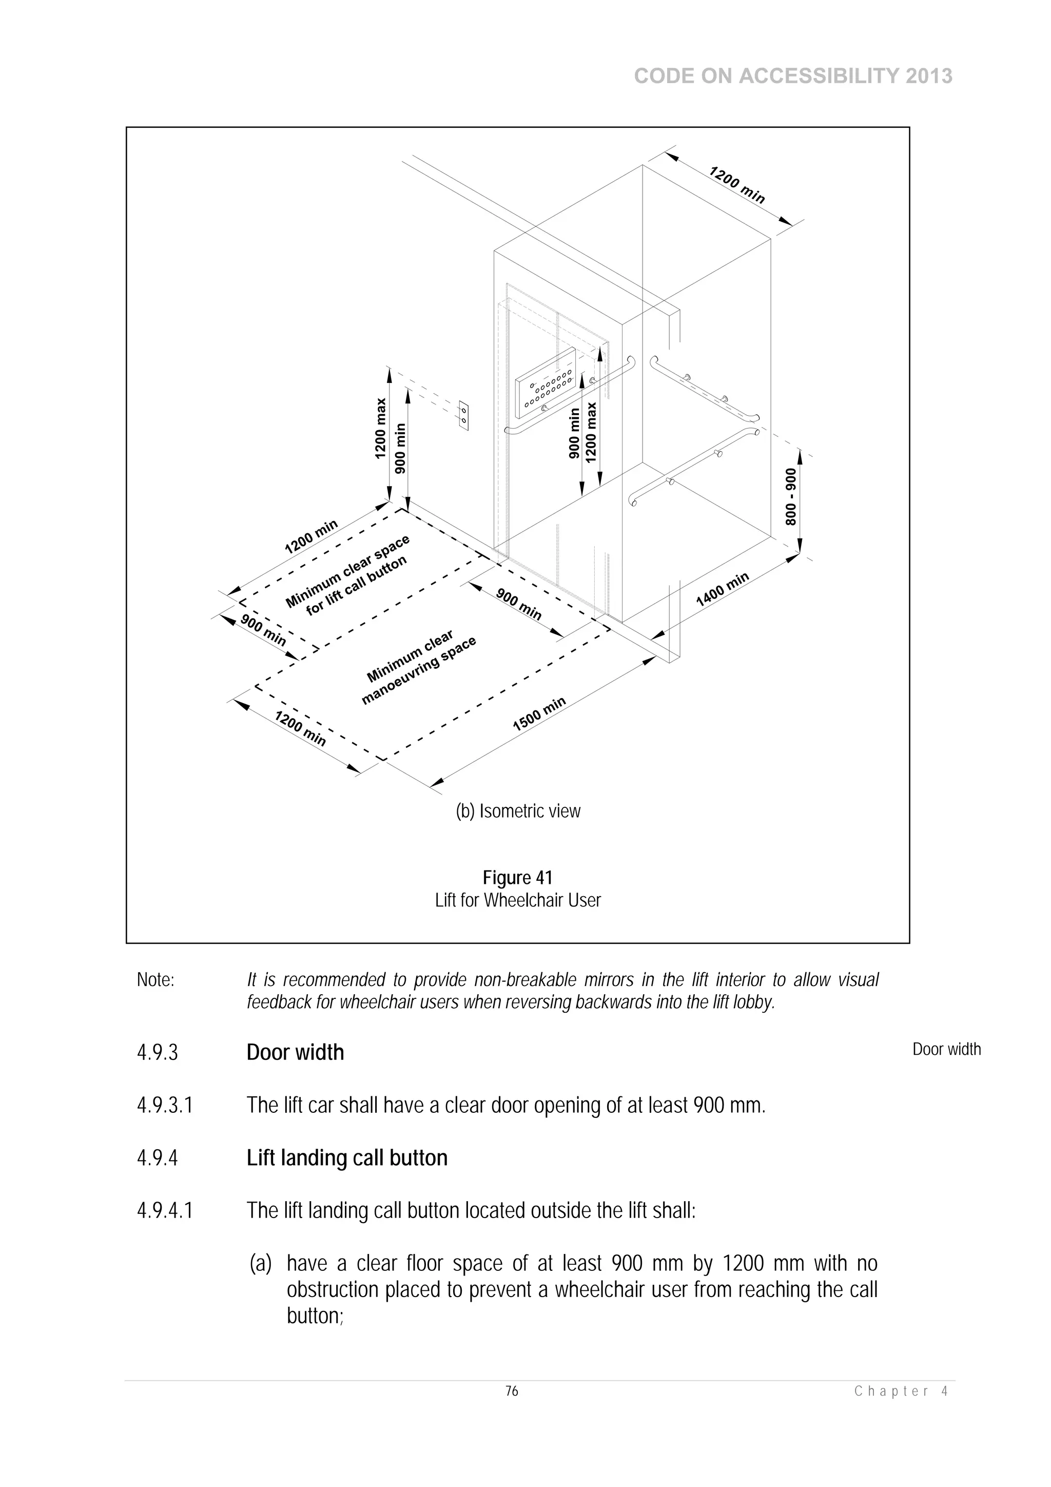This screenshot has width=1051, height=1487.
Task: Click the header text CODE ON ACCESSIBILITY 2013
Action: (793, 76)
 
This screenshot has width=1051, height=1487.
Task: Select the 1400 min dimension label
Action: (722, 589)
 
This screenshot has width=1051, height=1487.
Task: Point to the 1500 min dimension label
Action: (539, 713)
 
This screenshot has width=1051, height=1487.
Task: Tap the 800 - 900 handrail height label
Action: (791, 497)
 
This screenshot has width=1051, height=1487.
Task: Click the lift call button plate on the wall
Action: (463, 415)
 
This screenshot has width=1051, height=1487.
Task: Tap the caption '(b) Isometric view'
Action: (518, 811)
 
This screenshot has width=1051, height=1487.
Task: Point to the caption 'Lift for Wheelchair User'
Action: (517, 900)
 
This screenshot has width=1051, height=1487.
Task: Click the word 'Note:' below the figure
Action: (155, 980)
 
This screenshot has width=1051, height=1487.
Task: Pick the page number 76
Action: (512, 1391)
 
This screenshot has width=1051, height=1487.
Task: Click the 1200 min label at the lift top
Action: (737, 185)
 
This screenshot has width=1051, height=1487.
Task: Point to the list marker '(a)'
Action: (260, 1264)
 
